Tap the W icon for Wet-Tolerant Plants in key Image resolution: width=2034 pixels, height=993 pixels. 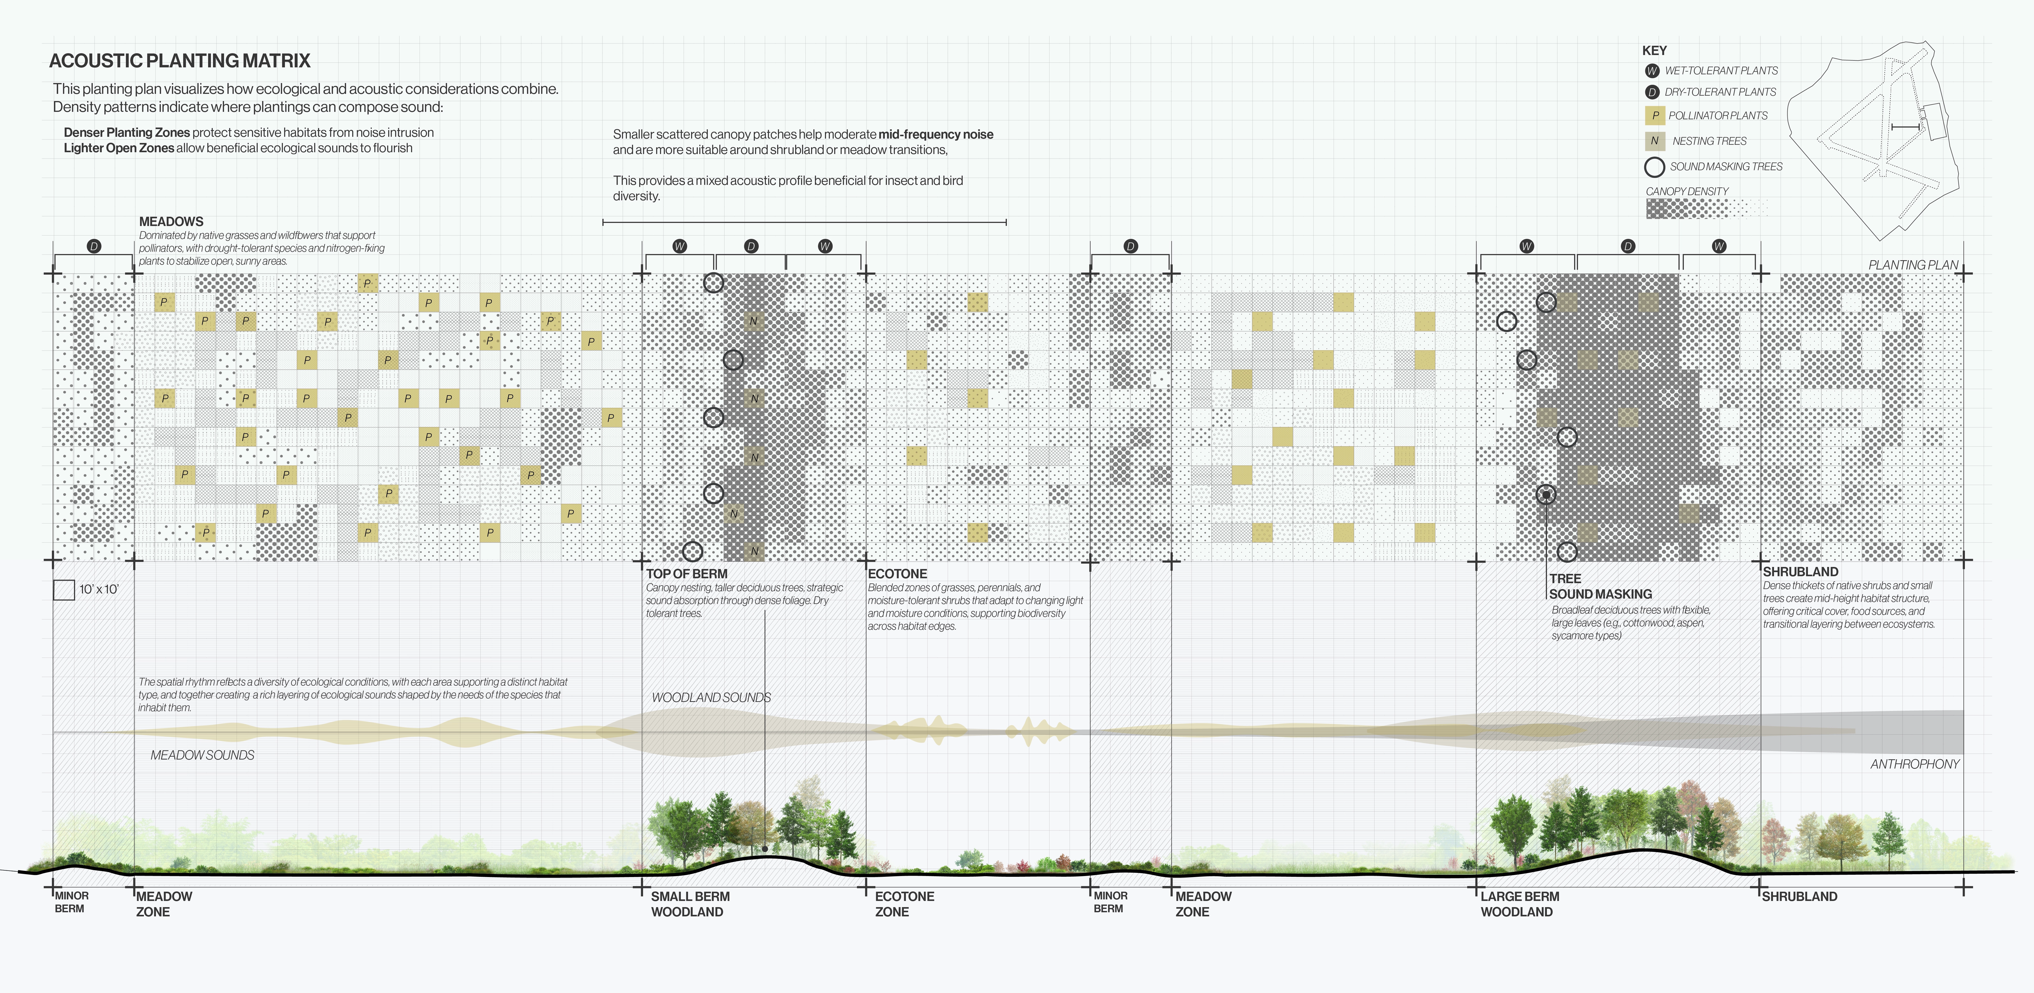(1652, 71)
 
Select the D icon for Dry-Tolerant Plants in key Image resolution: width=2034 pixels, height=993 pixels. (1652, 92)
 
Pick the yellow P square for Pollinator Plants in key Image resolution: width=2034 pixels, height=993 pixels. (1655, 115)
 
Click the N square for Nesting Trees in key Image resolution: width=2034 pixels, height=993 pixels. (1655, 141)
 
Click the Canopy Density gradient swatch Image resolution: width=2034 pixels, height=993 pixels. (1705, 209)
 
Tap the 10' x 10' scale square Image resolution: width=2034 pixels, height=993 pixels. (64, 589)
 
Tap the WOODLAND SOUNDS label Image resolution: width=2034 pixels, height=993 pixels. (711, 698)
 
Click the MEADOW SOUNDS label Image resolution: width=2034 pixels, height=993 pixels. (202, 755)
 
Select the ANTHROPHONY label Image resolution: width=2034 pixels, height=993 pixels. (1914, 764)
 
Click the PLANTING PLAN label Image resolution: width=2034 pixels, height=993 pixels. (1912, 265)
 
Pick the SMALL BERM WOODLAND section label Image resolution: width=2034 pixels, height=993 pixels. (689, 904)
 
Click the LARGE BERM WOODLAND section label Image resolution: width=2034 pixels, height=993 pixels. (1519, 904)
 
